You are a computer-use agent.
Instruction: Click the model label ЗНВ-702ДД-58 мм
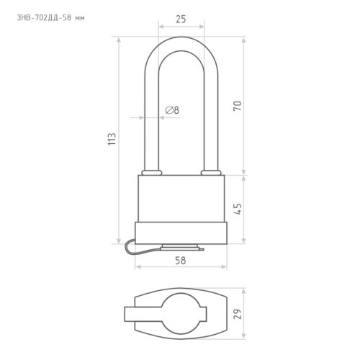click(50, 18)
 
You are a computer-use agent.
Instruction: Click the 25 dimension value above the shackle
click(181, 19)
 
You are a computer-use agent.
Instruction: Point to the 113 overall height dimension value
click(112, 139)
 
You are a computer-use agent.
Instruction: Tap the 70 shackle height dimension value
click(238, 106)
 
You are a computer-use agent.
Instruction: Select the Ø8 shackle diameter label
click(172, 110)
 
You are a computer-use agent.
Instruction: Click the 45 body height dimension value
click(238, 209)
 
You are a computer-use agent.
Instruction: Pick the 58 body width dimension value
click(180, 261)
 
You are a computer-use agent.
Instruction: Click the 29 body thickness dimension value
click(238, 314)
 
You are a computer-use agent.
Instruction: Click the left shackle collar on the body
click(152, 173)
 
